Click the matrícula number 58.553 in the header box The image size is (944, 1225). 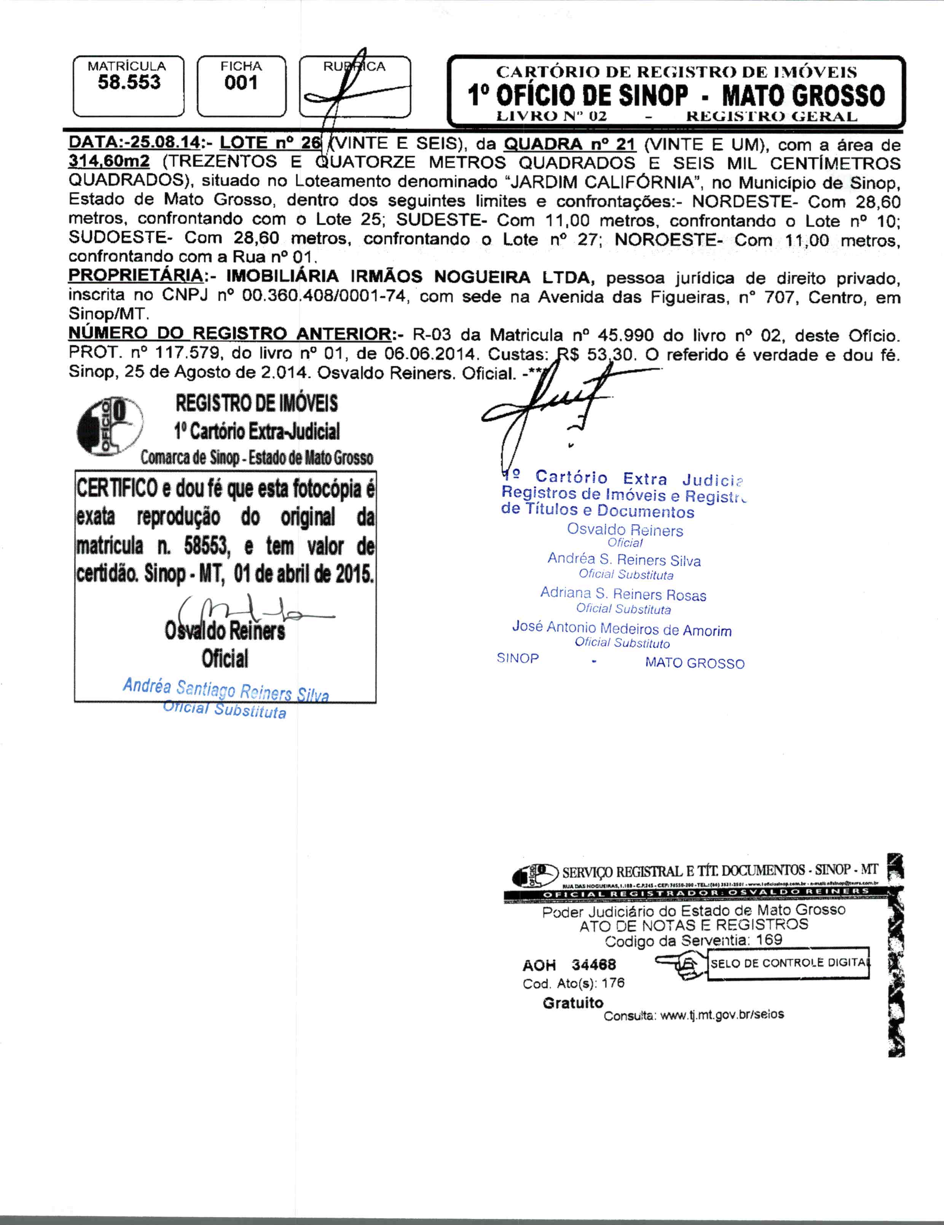[x=129, y=83]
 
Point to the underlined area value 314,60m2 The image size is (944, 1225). [x=109, y=163]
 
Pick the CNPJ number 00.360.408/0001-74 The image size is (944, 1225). [x=324, y=296]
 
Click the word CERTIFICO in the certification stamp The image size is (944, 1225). [x=117, y=488]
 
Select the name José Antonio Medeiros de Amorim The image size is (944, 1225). [x=622, y=629]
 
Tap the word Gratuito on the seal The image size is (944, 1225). [x=573, y=1003]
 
